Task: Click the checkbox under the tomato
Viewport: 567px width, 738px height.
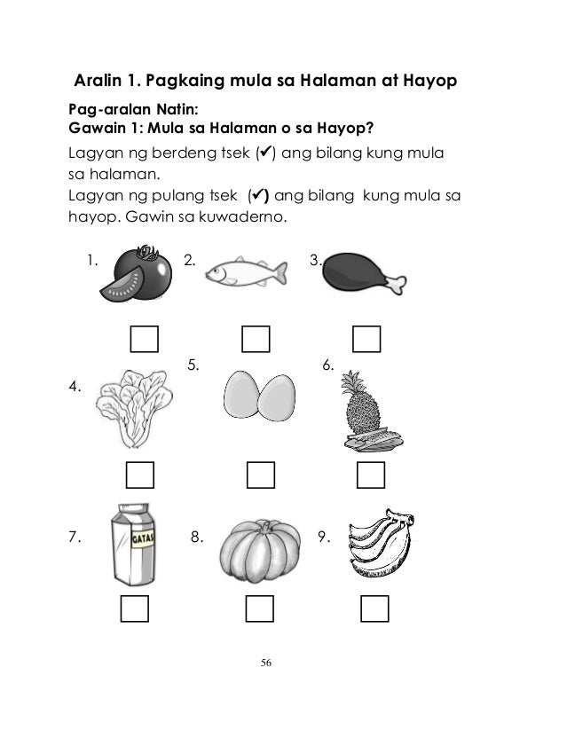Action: pos(145,340)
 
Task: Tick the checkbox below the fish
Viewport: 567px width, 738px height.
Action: pos(256,340)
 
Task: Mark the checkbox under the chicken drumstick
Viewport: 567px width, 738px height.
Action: pos(366,340)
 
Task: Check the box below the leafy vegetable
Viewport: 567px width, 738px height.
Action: pos(140,475)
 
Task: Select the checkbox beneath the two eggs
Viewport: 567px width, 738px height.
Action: pos(260,475)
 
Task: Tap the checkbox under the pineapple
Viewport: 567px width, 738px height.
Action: pos(370,475)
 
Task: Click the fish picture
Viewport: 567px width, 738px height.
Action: pos(246,273)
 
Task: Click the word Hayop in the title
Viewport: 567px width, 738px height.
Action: pos(429,82)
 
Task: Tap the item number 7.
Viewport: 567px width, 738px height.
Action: pos(75,537)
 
